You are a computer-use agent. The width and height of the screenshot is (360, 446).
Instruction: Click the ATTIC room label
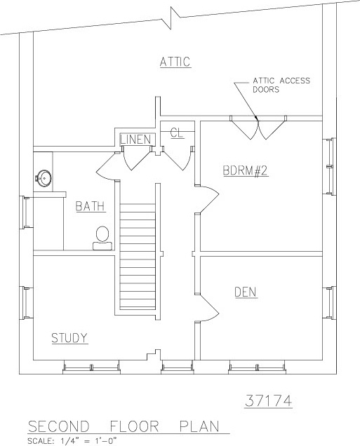point(175,62)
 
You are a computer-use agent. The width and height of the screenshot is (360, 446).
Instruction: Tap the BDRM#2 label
point(246,170)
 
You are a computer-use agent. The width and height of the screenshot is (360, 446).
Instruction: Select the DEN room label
point(246,292)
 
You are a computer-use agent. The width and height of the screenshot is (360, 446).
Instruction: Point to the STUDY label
point(69,338)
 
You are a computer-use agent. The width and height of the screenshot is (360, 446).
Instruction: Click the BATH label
point(91,206)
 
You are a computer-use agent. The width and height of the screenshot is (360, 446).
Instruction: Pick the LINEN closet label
point(135,140)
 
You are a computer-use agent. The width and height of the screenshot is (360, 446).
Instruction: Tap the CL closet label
point(177,133)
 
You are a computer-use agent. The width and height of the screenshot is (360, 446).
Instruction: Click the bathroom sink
point(44,179)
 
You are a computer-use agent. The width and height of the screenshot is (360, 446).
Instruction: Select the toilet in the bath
point(102,238)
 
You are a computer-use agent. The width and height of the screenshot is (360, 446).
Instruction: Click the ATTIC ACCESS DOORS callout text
point(281,85)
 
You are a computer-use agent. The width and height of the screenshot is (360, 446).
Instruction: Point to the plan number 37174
point(268,401)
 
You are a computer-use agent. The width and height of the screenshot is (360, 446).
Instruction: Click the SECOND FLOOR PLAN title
point(124,426)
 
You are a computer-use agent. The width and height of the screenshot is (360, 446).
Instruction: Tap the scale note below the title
point(72,441)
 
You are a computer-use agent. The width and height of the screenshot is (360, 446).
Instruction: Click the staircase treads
point(138,256)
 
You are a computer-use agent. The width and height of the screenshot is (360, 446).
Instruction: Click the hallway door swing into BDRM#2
point(208,199)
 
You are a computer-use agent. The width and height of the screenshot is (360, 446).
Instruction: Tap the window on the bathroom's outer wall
point(26,212)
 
